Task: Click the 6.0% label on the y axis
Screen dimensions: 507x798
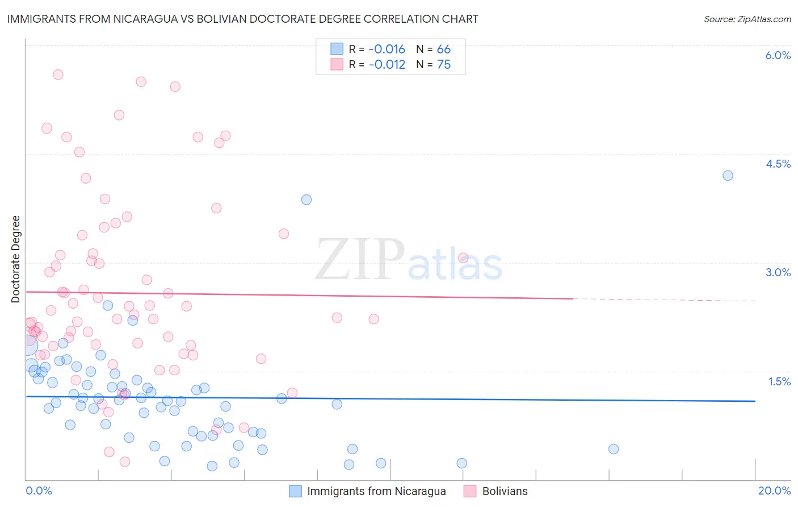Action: (778, 55)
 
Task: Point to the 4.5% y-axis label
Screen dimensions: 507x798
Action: (778, 164)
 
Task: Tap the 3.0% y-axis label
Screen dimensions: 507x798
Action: (778, 272)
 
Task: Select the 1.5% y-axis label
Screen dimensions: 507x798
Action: (779, 381)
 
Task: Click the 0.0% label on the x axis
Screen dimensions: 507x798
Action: (39, 491)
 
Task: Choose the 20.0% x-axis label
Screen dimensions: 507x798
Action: (774, 491)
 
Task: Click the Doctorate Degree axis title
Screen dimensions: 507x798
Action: (15, 259)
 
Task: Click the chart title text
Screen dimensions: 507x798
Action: (242, 19)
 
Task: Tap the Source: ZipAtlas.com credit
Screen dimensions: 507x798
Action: (747, 19)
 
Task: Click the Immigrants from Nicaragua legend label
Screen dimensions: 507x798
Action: (376, 491)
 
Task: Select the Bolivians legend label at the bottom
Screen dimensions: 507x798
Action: (505, 491)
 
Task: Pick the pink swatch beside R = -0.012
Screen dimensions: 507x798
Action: (337, 64)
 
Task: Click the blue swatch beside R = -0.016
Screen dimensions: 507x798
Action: (337, 49)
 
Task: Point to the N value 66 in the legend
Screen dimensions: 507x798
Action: (444, 49)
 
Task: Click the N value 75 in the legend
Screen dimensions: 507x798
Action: (444, 64)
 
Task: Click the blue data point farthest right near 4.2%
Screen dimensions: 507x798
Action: (728, 176)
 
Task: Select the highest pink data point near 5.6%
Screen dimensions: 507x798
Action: (58, 74)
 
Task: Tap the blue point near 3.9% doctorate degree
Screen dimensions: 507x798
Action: (306, 200)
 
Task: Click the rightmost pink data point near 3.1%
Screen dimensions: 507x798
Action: (463, 258)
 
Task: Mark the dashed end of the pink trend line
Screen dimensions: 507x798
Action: (755, 301)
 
